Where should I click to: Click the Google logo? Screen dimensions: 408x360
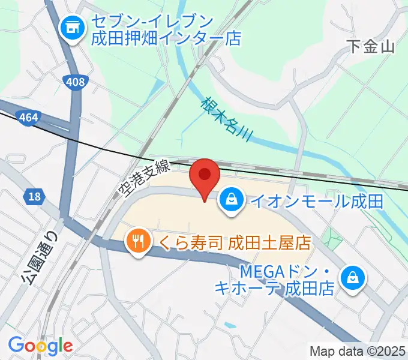(x=40, y=345)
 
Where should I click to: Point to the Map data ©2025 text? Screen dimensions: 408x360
(x=358, y=350)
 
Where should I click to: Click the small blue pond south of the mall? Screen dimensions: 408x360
(x=229, y=326)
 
